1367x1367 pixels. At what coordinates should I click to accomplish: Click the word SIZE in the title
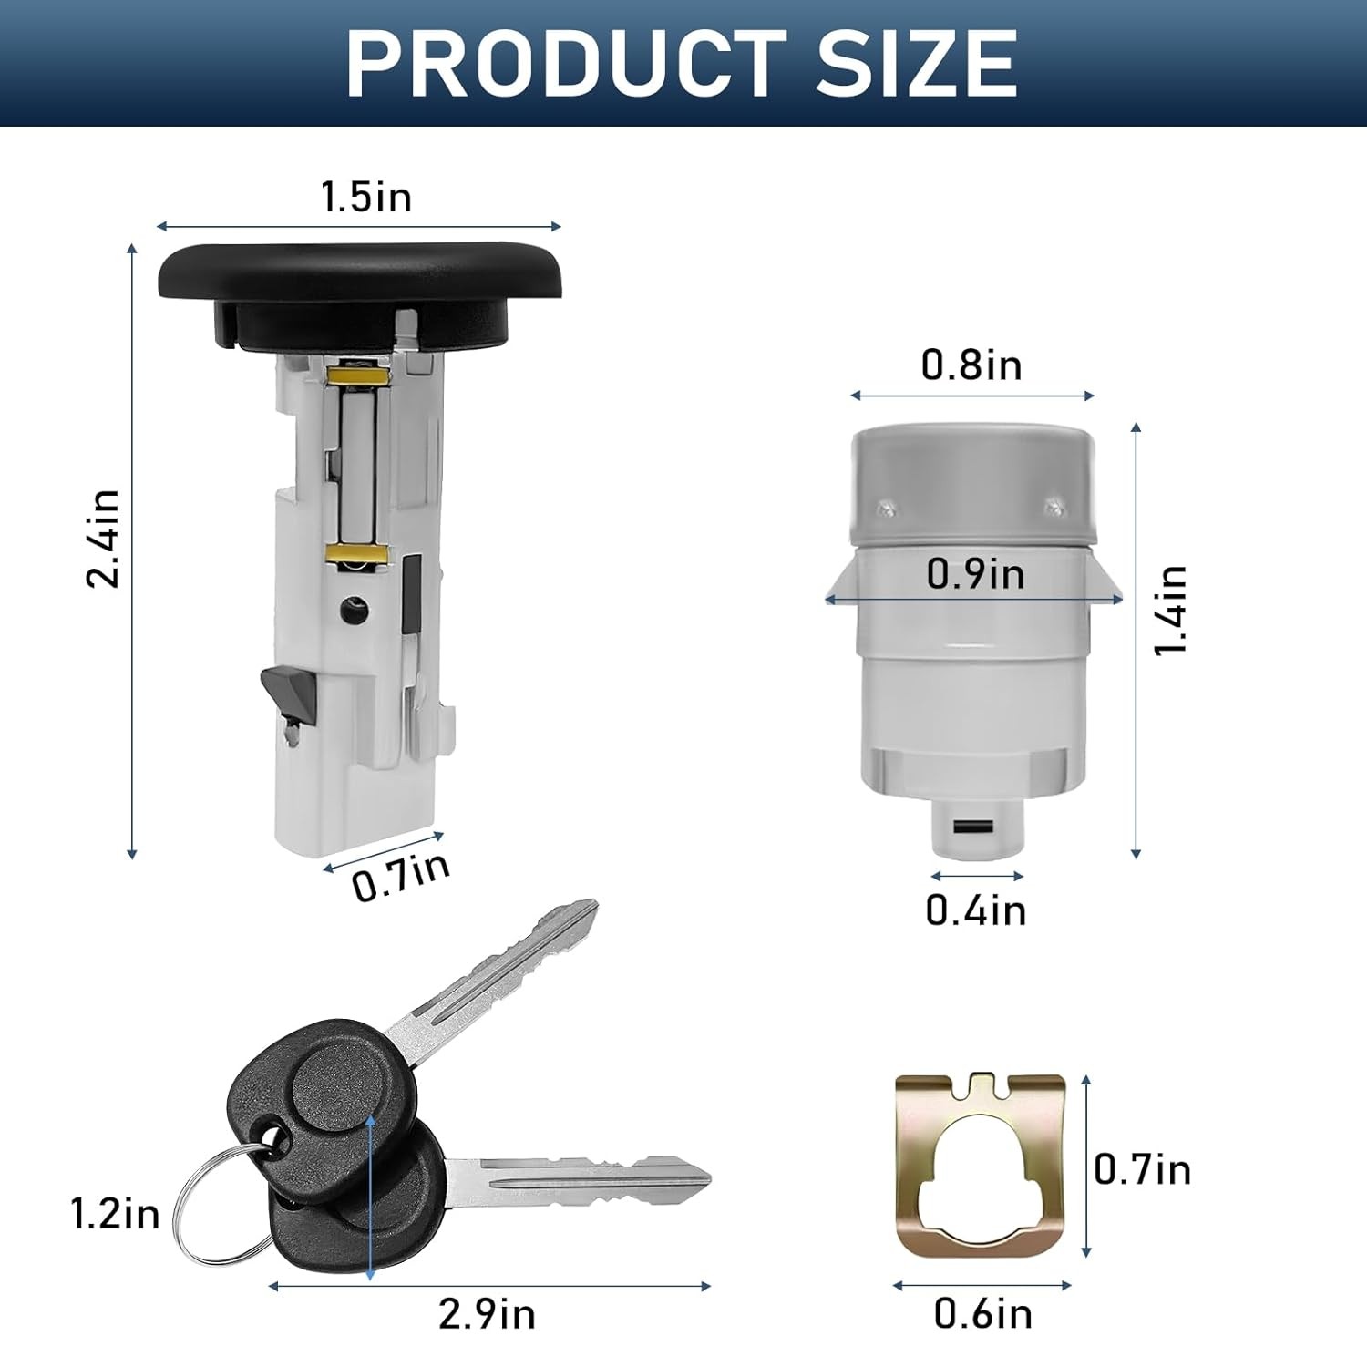coord(916,63)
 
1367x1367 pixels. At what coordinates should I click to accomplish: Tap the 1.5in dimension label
coord(366,197)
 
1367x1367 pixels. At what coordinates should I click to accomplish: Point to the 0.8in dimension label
coord(971,365)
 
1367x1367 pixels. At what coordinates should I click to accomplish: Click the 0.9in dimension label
coord(975,574)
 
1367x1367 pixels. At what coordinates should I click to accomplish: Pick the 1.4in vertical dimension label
coord(1171,609)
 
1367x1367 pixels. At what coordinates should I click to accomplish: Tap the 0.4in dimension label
coord(976,910)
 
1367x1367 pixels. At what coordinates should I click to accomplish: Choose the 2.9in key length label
coord(487,1313)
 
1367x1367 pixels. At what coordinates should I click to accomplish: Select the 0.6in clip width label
coord(982,1313)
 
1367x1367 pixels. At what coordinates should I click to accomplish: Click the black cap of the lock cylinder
coord(346,273)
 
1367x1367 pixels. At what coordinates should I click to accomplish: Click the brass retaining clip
coord(980,1162)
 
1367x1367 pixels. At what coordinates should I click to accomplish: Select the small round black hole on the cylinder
coord(351,609)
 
